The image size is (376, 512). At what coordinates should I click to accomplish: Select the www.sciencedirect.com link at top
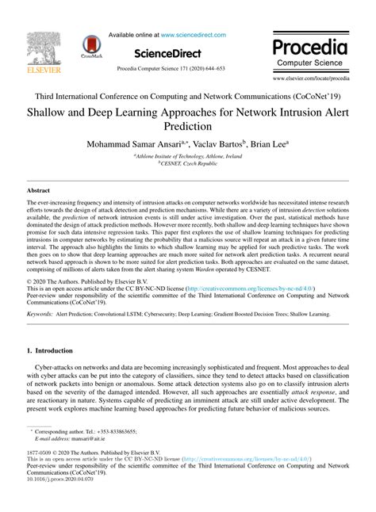pos(194,35)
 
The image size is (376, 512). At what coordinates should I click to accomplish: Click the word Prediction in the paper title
pos(187,126)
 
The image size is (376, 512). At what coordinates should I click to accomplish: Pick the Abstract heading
pos(38,191)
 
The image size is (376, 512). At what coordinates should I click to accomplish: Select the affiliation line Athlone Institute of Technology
pos(187,158)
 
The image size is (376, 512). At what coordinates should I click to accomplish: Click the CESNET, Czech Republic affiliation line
pos(187,165)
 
